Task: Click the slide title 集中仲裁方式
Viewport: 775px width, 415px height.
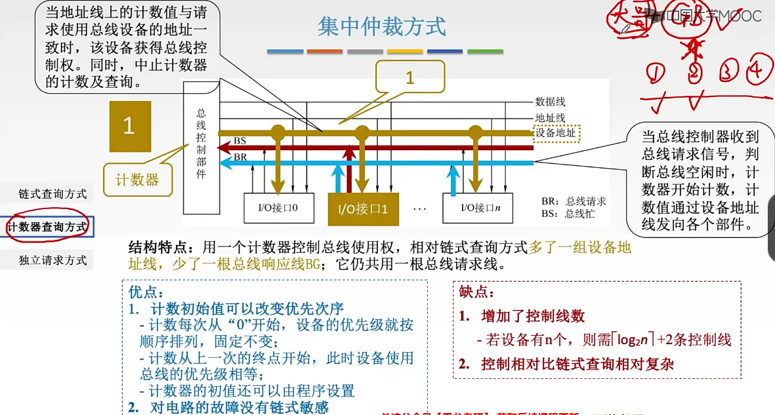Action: tap(381, 27)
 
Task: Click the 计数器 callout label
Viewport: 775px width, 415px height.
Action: tap(137, 179)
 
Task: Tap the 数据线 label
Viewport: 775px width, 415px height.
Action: tap(550, 102)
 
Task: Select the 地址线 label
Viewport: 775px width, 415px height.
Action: tap(550, 118)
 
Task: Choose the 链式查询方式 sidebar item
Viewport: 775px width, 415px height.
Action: tap(52, 194)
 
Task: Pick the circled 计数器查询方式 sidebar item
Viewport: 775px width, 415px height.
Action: tap(47, 227)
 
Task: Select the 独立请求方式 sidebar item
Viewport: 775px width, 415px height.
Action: tap(52, 260)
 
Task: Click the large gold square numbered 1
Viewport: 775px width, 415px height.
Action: tap(129, 126)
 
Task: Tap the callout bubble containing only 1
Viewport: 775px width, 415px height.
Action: tap(410, 79)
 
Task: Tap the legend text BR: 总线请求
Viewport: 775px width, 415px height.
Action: tap(574, 201)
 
